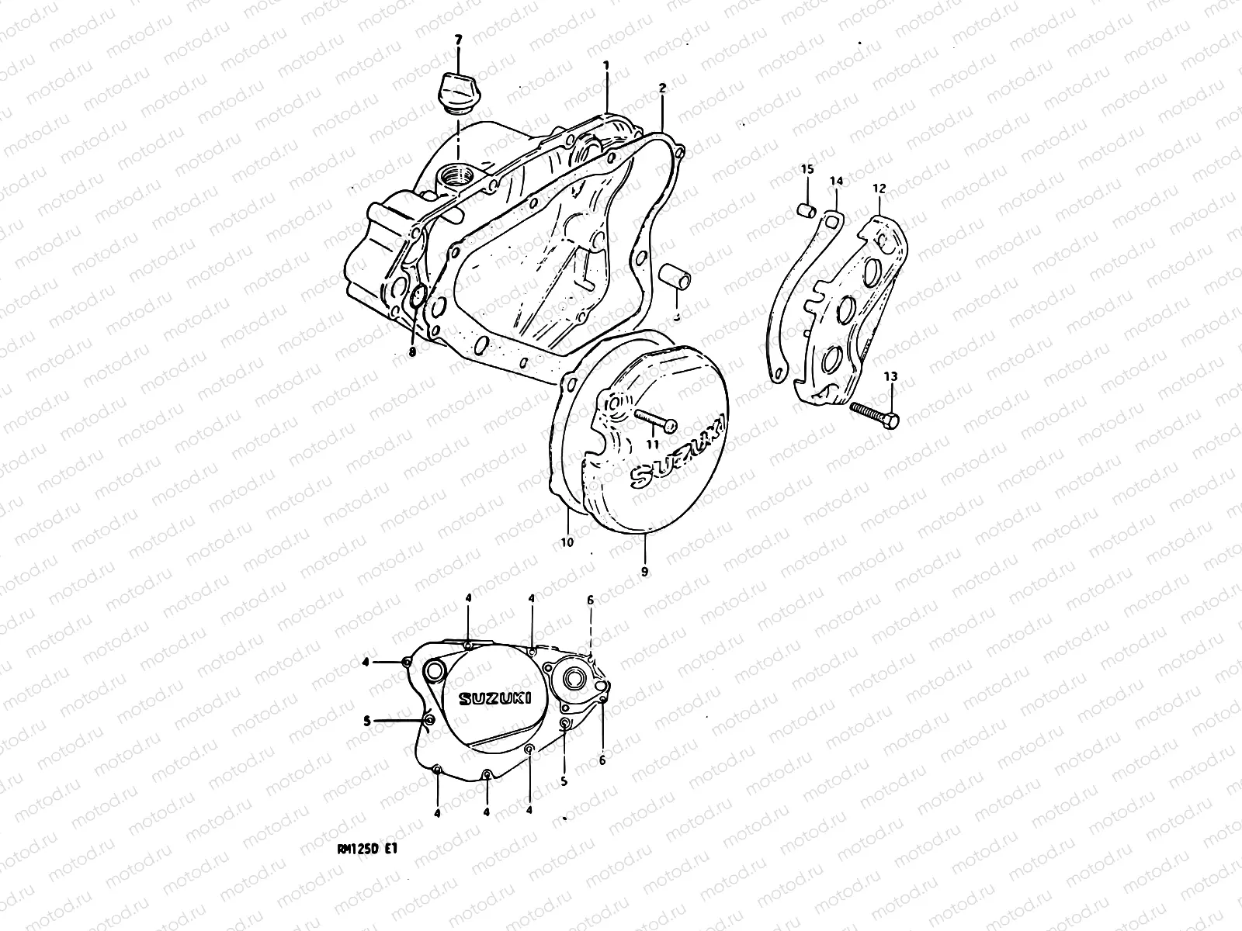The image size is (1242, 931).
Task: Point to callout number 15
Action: pyautogui.click(x=807, y=170)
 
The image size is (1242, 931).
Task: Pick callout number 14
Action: pyautogui.click(x=836, y=182)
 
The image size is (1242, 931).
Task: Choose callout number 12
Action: pyautogui.click(x=879, y=188)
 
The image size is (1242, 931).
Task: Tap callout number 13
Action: pyautogui.click(x=890, y=376)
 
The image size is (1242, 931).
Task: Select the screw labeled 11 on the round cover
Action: pyautogui.click(x=657, y=421)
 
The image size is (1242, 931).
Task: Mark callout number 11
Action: pyautogui.click(x=652, y=444)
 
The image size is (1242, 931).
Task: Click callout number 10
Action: pyautogui.click(x=567, y=542)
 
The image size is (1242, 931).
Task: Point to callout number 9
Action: pyautogui.click(x=645, y=571)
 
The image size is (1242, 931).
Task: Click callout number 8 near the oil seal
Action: pyautogui.click(x=413, y=351)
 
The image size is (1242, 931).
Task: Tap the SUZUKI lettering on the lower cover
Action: pyautogui.click(x=494, y=699)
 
